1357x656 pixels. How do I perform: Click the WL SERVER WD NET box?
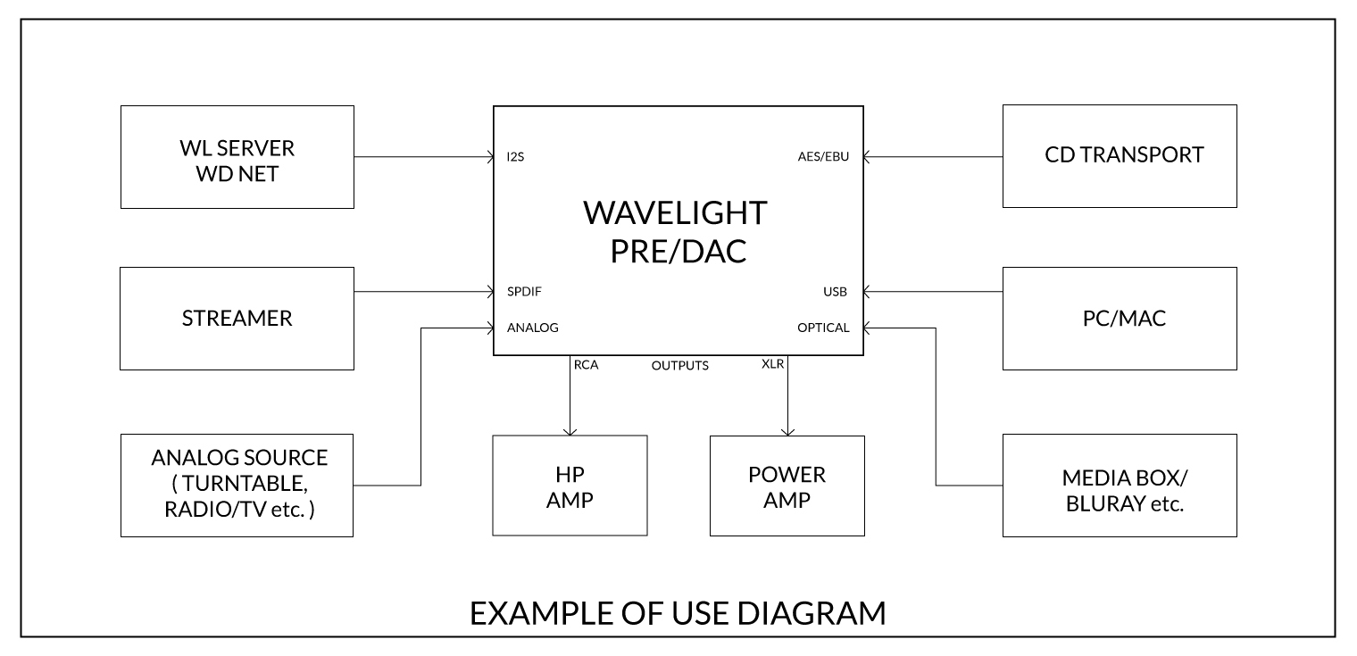[237, 157]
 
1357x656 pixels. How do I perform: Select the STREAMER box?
[237, 319]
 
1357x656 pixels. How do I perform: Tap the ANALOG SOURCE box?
[237, 485]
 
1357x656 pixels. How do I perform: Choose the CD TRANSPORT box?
[1120, 156]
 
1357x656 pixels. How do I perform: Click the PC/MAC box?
[1120, 319]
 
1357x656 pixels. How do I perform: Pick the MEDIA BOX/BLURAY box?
[1120, 485]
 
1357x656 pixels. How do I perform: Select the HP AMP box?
[570, 485]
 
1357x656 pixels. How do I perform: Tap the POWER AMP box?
[787, 485]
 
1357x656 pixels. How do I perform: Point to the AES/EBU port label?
[823, 157]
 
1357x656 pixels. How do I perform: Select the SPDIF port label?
[524, 291]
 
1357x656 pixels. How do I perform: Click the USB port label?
[835, 291]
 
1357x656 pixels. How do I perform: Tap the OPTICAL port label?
[823, 328]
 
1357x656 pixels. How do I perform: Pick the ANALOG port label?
[532, 328]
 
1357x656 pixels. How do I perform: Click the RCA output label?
[586, 364]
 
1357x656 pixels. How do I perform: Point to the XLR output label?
[773, 364]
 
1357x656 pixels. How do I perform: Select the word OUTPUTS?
[680, 365]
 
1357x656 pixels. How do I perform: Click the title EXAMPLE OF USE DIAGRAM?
[678, 613]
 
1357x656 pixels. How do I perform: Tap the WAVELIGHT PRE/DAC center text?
[675, 231]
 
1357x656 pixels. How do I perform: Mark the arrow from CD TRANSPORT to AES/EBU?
[933, 157]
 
